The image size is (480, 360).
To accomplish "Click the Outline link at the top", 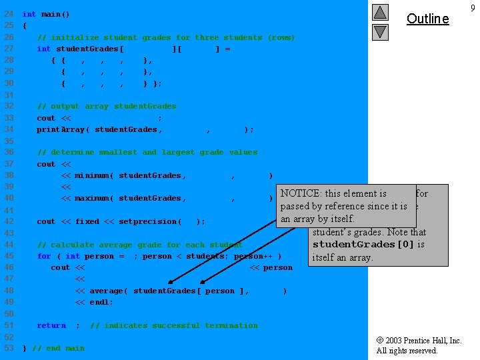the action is [427, 19].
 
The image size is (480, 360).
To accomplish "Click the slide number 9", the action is [472, 8].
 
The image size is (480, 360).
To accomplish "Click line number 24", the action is [9, 14].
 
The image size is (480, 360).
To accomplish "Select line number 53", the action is [9, 348].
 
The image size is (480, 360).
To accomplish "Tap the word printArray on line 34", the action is [61, 129].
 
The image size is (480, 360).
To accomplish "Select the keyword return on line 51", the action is [51, 325].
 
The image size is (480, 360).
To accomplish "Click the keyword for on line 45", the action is [44, 256].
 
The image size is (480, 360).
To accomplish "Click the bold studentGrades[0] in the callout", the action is [363, 244].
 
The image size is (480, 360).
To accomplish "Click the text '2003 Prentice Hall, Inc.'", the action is [423, 341].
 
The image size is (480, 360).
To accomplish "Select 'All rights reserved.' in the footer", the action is [407, 351].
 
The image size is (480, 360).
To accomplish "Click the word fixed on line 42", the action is [80, 221].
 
